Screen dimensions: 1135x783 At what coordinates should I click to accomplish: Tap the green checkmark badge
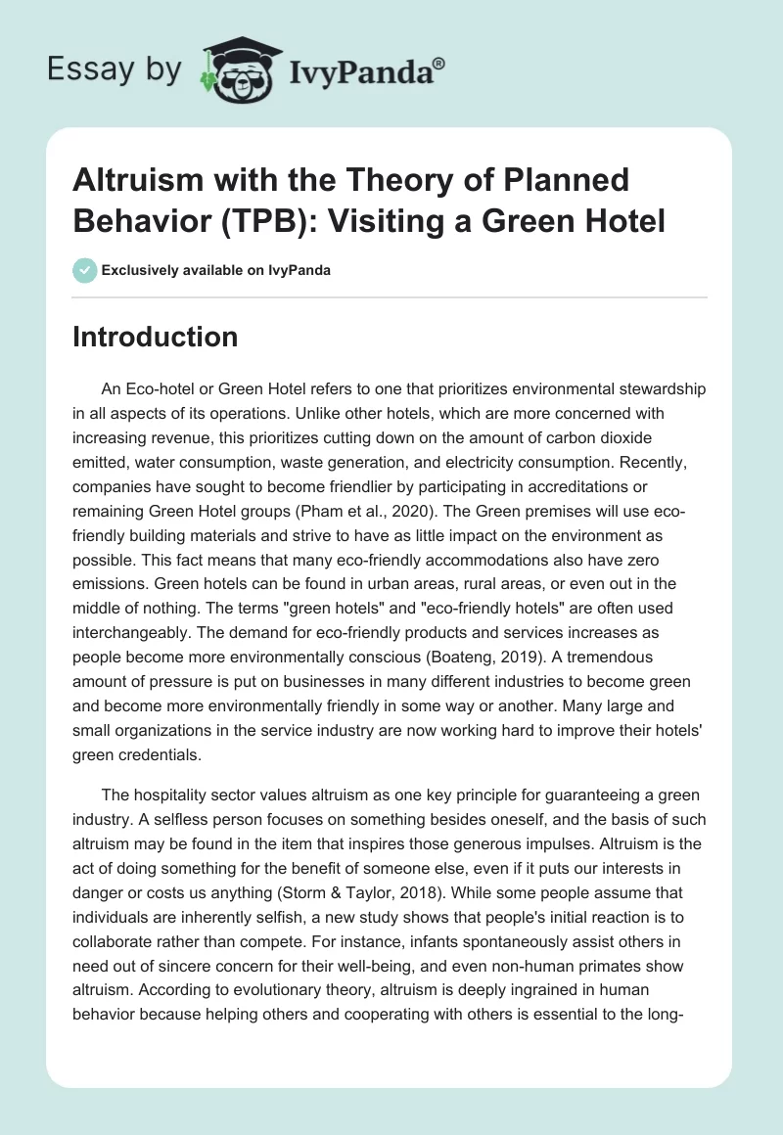tap(85, 270)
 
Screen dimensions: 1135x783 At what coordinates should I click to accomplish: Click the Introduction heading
tap(156, 337)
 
